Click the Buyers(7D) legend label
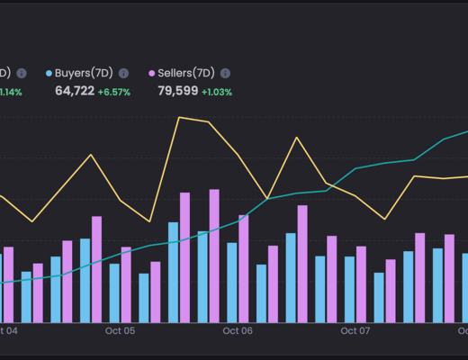[x=85, y=73]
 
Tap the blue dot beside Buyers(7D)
[x=48, y=73]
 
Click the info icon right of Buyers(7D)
[x=124, y=73]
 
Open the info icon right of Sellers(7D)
[x=226, y=73]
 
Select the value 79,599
[x=177, y=91]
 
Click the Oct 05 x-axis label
[x=120, y=331]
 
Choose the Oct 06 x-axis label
[x=238, y=331]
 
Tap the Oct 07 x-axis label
[x=355, y=331]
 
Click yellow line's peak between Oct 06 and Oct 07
[x=297, y=138]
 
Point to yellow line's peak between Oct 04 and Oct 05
[x=91, y=155]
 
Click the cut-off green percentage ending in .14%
[x=11, y=92]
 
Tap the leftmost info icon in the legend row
[x=22, y=73]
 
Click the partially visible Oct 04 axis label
[x=9, y=331]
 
